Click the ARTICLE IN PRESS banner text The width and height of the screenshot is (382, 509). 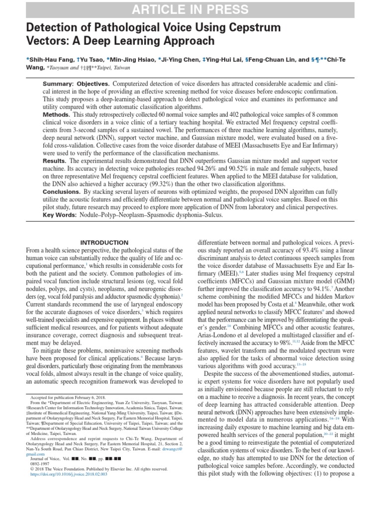[191, 9]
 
